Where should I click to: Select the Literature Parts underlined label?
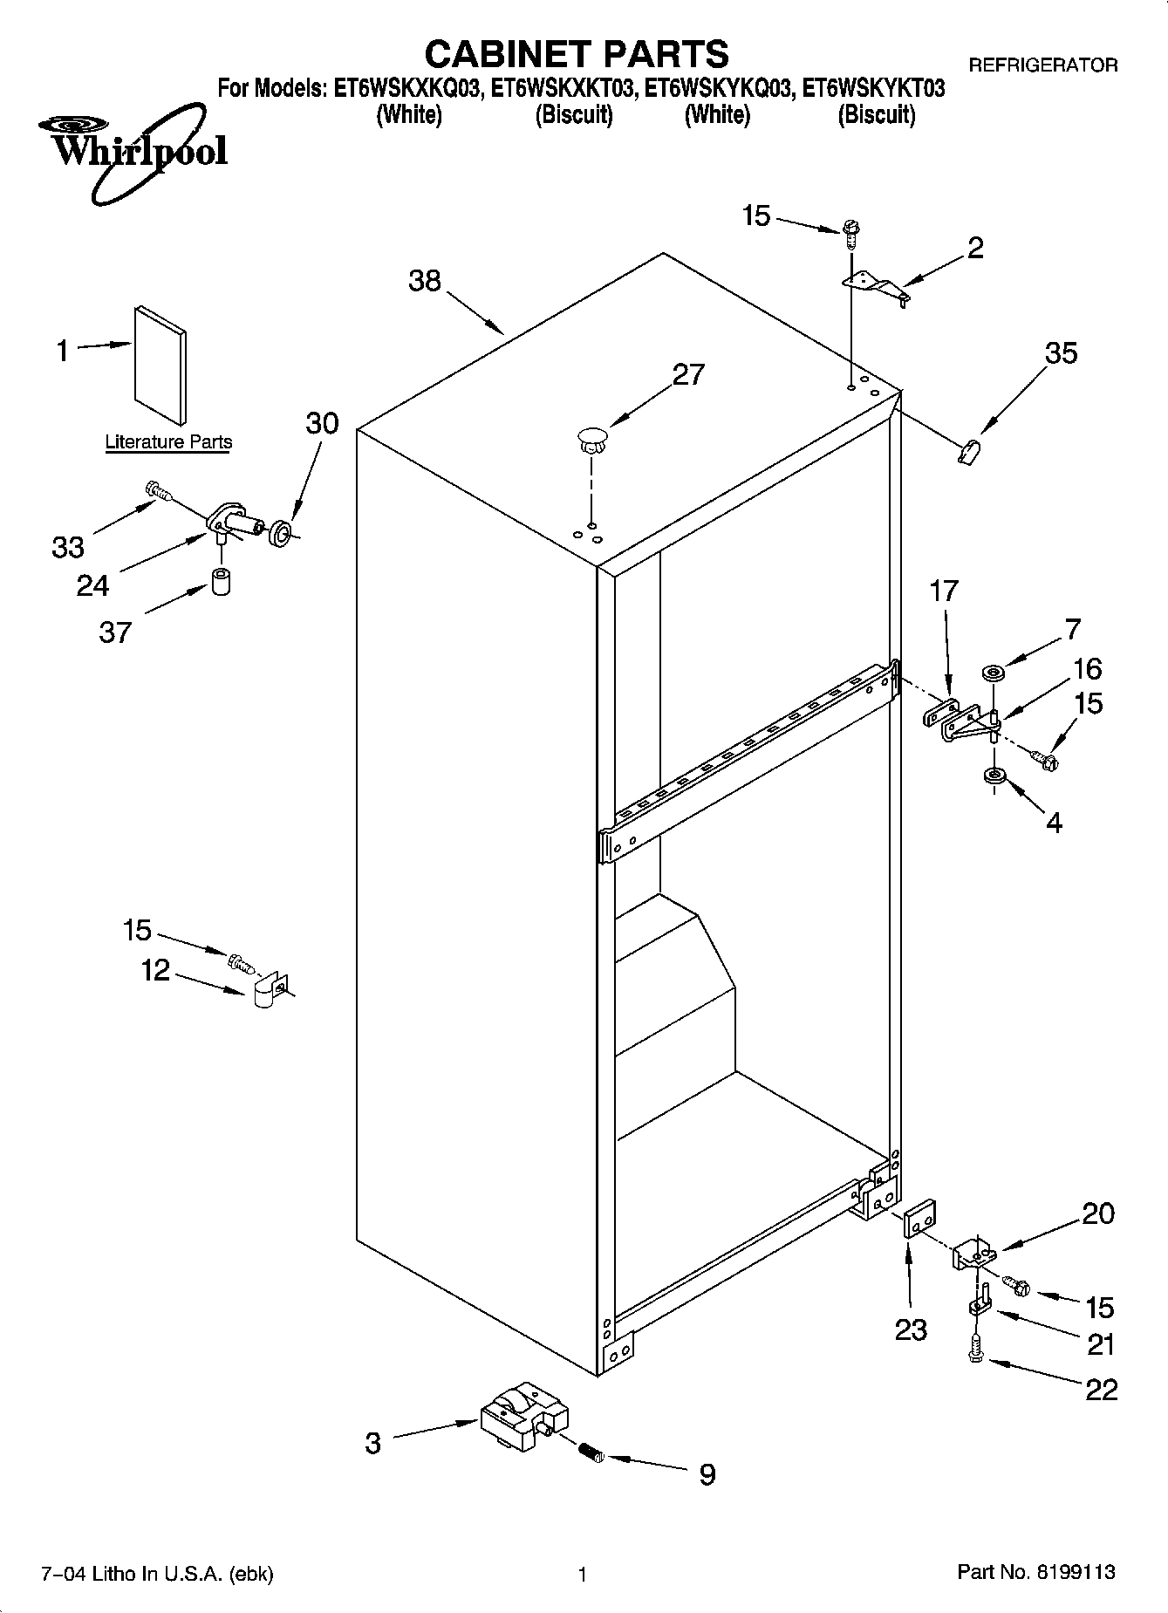point(168,442)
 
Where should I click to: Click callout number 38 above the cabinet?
point(425,281)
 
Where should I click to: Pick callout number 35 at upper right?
point(1061,353)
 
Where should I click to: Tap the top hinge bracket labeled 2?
point(876,287)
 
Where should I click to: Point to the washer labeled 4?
point(992,776)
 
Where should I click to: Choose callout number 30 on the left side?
point(322,423)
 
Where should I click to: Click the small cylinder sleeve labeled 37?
point(221,581)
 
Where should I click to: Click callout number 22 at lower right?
point(1101,1389)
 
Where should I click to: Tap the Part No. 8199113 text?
point(1036,1572)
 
